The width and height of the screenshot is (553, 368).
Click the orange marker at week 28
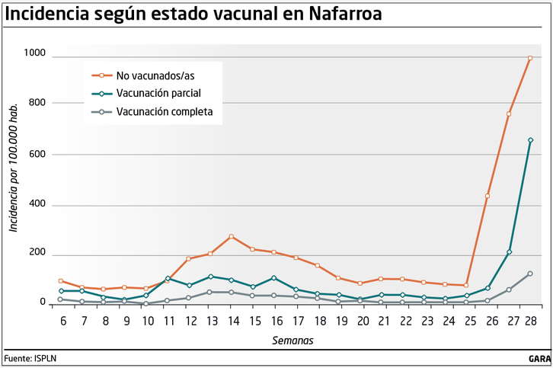pyautogui.click(x=530, y=58)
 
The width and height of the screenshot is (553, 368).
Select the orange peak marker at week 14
pyautogui.click(x=232, y=237)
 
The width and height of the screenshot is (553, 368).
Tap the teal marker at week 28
pyautogui.click(x=530, y=140)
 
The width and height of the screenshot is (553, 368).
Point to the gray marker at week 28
pyautogui.click(x=530, y=274)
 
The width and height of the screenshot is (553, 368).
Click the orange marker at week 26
pyautogui.click(x=487, y=197)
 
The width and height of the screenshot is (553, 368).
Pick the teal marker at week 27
pyautogui.click(x=509, y=252)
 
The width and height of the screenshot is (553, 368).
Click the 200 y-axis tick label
pyautogui.click(x=37, y=253)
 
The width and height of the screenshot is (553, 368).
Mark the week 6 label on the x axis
pyautogui.click(x=62, y=322)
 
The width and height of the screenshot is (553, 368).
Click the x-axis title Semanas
pyautogui.click(x=293, y=340)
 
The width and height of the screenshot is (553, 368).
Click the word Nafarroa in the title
pyautogui.click(x=341, y=14)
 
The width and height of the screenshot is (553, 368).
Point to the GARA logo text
pyautogui.click(x=539, y=357)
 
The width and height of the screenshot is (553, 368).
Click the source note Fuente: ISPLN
pyautogui.click(x=30, y=357)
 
